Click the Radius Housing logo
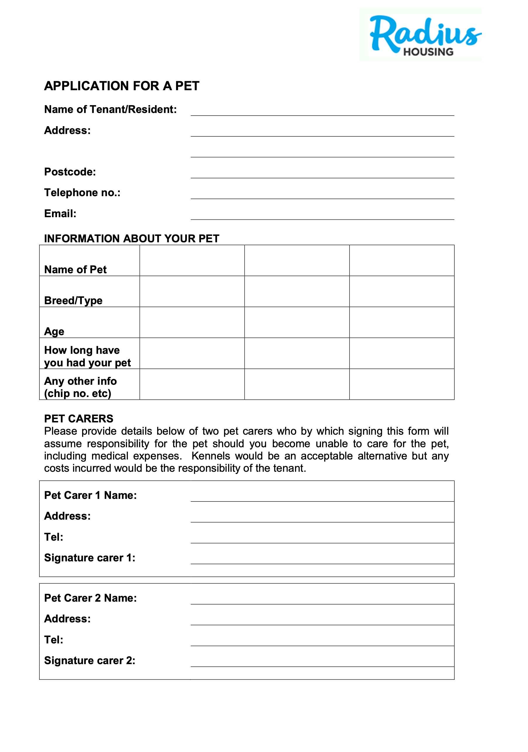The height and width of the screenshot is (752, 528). pyautogui.click(x=423, y=35)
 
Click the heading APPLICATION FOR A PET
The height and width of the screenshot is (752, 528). pyautogui.click(x=121, y=86)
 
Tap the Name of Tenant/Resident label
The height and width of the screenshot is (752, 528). pyautogui.click(x=110, y=109)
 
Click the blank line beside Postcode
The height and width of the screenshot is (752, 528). pyautogui.click(x=322, y=174)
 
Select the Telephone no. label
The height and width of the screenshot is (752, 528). pyautogui.click(x=82, y=193)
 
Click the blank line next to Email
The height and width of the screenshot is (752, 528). pyautogui.click(x=322, y=215)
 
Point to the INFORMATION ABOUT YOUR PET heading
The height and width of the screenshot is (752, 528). pyautogui.click(x=131, y=239)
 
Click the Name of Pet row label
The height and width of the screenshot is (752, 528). pyautogui.click(x=75, y=269)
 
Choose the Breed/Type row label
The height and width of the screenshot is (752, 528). pyautogui.click(x=73, y=300)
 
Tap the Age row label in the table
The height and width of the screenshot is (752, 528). pyautogui.click(x=54, y=331)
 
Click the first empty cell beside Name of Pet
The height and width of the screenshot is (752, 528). pyautogui.click(x=192, y=261)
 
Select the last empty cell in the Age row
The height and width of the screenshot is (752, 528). pyautogui.click(x=402, y=322)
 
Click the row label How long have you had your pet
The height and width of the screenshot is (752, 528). pyautogui.click(x=87, y=356)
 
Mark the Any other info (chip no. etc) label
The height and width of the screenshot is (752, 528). pyautogui.click(x=80, y=387)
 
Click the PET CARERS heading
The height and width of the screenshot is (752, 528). pyautogui.click(x=79, y=419)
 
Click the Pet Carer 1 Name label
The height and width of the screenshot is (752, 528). pyautogui.click(x=91, y=495)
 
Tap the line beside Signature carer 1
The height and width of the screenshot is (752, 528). pyautogui.click(x=322, y=559)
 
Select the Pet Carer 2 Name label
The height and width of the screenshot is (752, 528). pyautogui.click(x=91, y=598)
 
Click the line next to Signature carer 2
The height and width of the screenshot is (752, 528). pyautogui.click(x=322, y=662)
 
